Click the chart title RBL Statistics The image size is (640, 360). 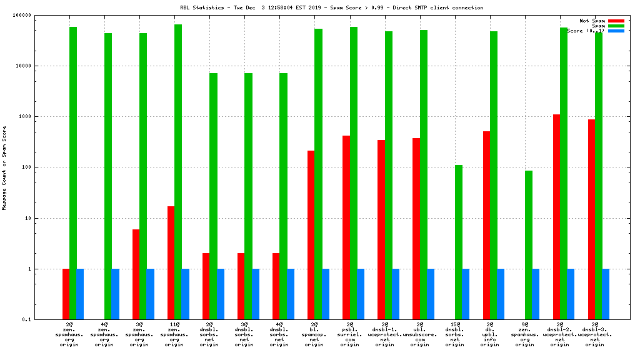(x=331, y=8)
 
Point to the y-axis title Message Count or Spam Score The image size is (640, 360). (x=5, y=167)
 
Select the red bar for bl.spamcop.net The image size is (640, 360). (x=311, y=235)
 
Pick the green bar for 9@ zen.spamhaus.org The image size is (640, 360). (x=528, y=245)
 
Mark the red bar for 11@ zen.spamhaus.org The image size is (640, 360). (x=171, y=262)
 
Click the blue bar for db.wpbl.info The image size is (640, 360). (x=501, y=294)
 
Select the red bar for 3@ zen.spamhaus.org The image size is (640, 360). (x=136, y=274)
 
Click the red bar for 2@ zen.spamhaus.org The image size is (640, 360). (x=66, y=294)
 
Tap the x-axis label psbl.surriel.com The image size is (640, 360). (x=350, y=334)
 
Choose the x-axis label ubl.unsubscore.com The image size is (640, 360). (x=420, y=334)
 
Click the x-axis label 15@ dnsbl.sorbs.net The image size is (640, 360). (x=455, y=334)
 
